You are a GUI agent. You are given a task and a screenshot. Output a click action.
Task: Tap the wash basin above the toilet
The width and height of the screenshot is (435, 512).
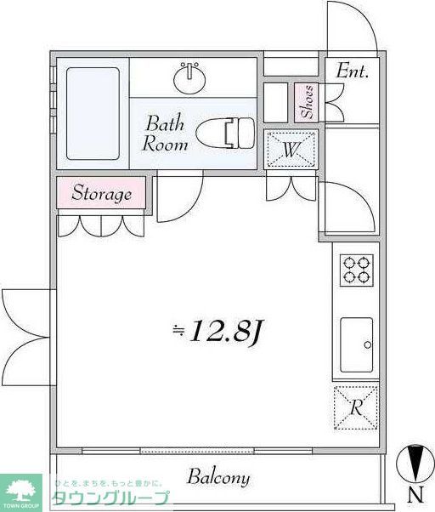coord(190,79)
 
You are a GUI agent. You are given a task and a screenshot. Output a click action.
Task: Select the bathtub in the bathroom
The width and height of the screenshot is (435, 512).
coord(93,111)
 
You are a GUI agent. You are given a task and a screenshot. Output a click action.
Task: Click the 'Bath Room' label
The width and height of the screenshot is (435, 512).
coord(166,132)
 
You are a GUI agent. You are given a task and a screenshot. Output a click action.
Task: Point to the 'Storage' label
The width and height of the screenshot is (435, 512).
coord(101,193)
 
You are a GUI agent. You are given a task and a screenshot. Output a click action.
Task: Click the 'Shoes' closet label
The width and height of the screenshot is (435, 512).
coord(307,102)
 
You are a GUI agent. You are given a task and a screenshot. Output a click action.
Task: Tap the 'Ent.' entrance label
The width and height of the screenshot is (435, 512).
coord(353,71)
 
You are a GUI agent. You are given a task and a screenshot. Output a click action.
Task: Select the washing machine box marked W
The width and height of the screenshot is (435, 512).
coord(291,151)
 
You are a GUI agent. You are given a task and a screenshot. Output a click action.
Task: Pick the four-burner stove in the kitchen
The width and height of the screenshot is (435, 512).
coord(356,269)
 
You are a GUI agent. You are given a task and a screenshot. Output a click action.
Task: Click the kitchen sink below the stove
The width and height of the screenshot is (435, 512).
coord(356,344)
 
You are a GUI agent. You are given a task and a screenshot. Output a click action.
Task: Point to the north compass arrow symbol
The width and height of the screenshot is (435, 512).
coord(415,464)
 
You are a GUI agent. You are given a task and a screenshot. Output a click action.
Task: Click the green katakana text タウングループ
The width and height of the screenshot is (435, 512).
coord(110,498)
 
